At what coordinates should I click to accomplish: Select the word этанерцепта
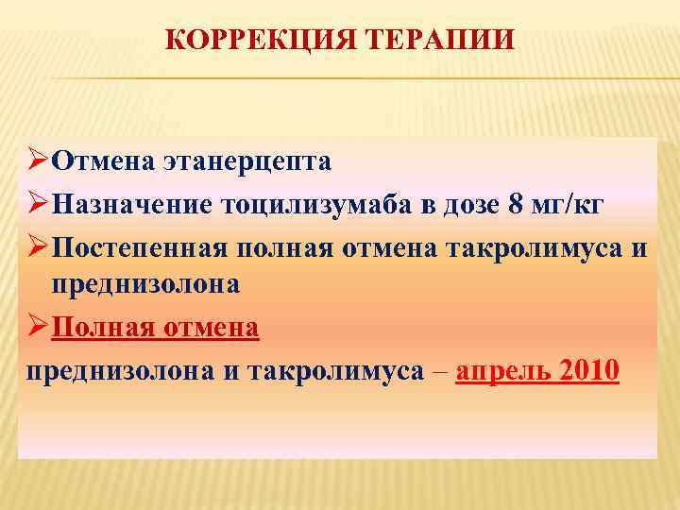pyautogui.click(x=251, y=161)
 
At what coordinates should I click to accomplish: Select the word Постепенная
pyautogui.click(x=137, y=248)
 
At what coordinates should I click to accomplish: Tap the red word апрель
pyautogui.click(x=501, y=371)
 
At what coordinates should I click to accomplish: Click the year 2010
pyautogui.click(x=587, y=371)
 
